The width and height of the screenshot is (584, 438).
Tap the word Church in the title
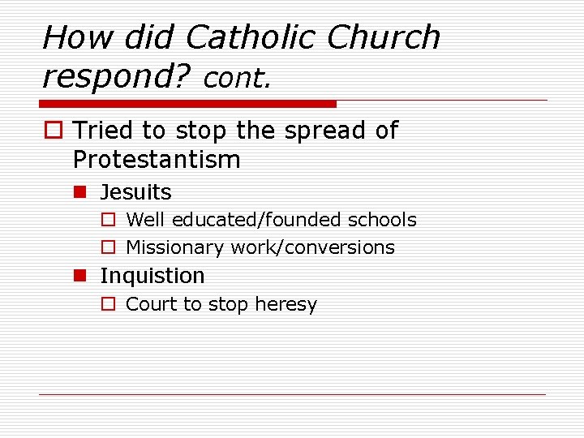coord(384,37)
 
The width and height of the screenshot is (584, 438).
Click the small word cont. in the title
coord(237,78)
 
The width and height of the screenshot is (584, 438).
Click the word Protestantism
coord(157,160)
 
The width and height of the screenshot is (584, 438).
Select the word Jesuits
coord(135,192)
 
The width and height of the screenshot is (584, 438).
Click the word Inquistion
coord(152,276)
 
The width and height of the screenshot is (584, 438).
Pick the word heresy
coord(286,304)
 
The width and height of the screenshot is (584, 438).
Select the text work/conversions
coord(313,247)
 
